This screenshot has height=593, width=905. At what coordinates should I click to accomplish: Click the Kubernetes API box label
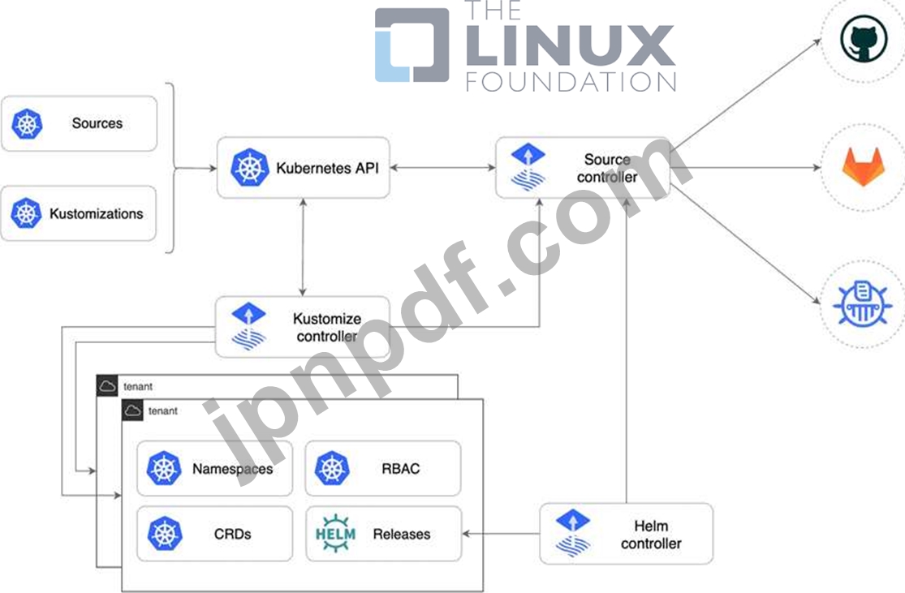click(x=326, y=169)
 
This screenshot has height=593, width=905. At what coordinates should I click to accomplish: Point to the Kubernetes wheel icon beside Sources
click(x=27, y=123)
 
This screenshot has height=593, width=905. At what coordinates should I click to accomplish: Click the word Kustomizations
click(x=96, y=214)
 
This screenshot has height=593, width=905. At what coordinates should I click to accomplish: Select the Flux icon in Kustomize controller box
click(x=243, y=327)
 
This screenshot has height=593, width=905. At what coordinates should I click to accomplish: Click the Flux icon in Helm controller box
click(x=573, y=534)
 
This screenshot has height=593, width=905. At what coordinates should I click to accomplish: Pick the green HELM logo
click(x=334, y=534)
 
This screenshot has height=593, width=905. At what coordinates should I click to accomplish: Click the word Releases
click(x=401, y=535)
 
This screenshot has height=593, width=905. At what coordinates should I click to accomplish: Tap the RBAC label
click(x=400, y=468)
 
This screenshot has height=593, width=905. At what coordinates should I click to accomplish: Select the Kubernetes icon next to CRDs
click(x=165, y=534)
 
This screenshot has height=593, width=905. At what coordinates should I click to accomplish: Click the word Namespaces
click(x=232, y=469)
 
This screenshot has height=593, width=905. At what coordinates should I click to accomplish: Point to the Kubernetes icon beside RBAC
click(x=332, y=468)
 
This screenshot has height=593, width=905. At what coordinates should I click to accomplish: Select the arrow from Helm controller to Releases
click(x=500, y=534)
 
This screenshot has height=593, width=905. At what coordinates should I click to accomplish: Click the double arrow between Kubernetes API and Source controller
click(x=443, y=169)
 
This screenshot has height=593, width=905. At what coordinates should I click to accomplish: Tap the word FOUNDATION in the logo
click(x=571, y=81)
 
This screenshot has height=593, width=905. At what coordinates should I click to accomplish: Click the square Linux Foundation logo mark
click(x=412, y=45)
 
